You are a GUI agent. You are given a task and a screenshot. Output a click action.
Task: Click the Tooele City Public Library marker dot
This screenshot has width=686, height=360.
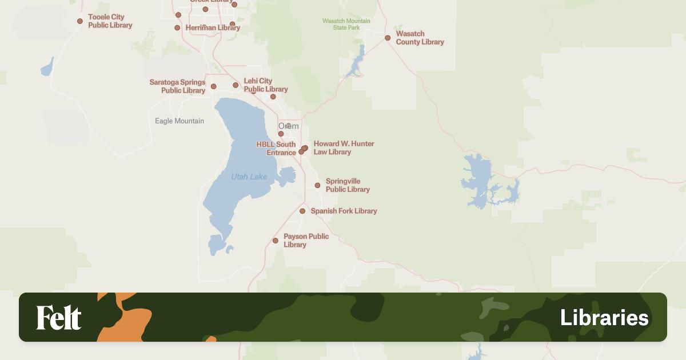[80, 21]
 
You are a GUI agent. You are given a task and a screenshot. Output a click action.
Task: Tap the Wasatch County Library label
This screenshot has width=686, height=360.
[420, 38]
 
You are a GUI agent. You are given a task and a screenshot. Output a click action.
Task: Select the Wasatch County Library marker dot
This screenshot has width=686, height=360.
[388, 38]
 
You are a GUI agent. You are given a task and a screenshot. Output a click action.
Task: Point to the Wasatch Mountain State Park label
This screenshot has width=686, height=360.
[346, 24]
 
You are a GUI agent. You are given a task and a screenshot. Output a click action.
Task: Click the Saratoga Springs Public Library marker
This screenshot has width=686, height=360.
[213, 86]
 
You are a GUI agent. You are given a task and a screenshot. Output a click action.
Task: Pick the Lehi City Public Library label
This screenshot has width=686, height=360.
[265, 85]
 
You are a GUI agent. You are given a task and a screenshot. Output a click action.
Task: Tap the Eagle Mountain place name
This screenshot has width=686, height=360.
[180, 121]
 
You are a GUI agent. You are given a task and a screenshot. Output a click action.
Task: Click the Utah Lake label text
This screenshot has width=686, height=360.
[249, 177]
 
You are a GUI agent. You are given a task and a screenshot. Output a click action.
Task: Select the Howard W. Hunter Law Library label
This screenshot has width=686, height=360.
[344, 148]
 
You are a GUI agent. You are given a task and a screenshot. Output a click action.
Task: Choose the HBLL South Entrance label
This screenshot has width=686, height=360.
[276, 149]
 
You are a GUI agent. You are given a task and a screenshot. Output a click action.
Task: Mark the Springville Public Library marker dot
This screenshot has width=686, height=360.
[317, 185]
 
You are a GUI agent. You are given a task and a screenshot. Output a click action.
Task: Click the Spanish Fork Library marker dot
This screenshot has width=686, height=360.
[302, 211]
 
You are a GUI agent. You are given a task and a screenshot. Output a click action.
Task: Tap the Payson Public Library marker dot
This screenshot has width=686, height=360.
[275, 241]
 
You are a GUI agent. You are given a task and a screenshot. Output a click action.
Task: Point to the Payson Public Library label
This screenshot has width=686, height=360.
[306, 241]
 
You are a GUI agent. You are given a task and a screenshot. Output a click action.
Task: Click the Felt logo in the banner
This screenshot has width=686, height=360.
[59, 318]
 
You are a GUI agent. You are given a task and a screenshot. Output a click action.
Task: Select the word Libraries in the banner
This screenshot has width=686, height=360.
[604, 318]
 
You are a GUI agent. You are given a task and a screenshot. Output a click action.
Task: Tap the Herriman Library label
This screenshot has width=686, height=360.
[213, 27]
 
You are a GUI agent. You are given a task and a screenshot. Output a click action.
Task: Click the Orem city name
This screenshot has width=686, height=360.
[288, 126]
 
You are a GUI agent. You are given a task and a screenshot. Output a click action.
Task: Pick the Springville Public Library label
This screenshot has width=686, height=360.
[348, 185]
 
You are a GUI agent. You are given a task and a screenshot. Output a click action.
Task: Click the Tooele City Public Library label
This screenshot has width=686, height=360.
[110, 21]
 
